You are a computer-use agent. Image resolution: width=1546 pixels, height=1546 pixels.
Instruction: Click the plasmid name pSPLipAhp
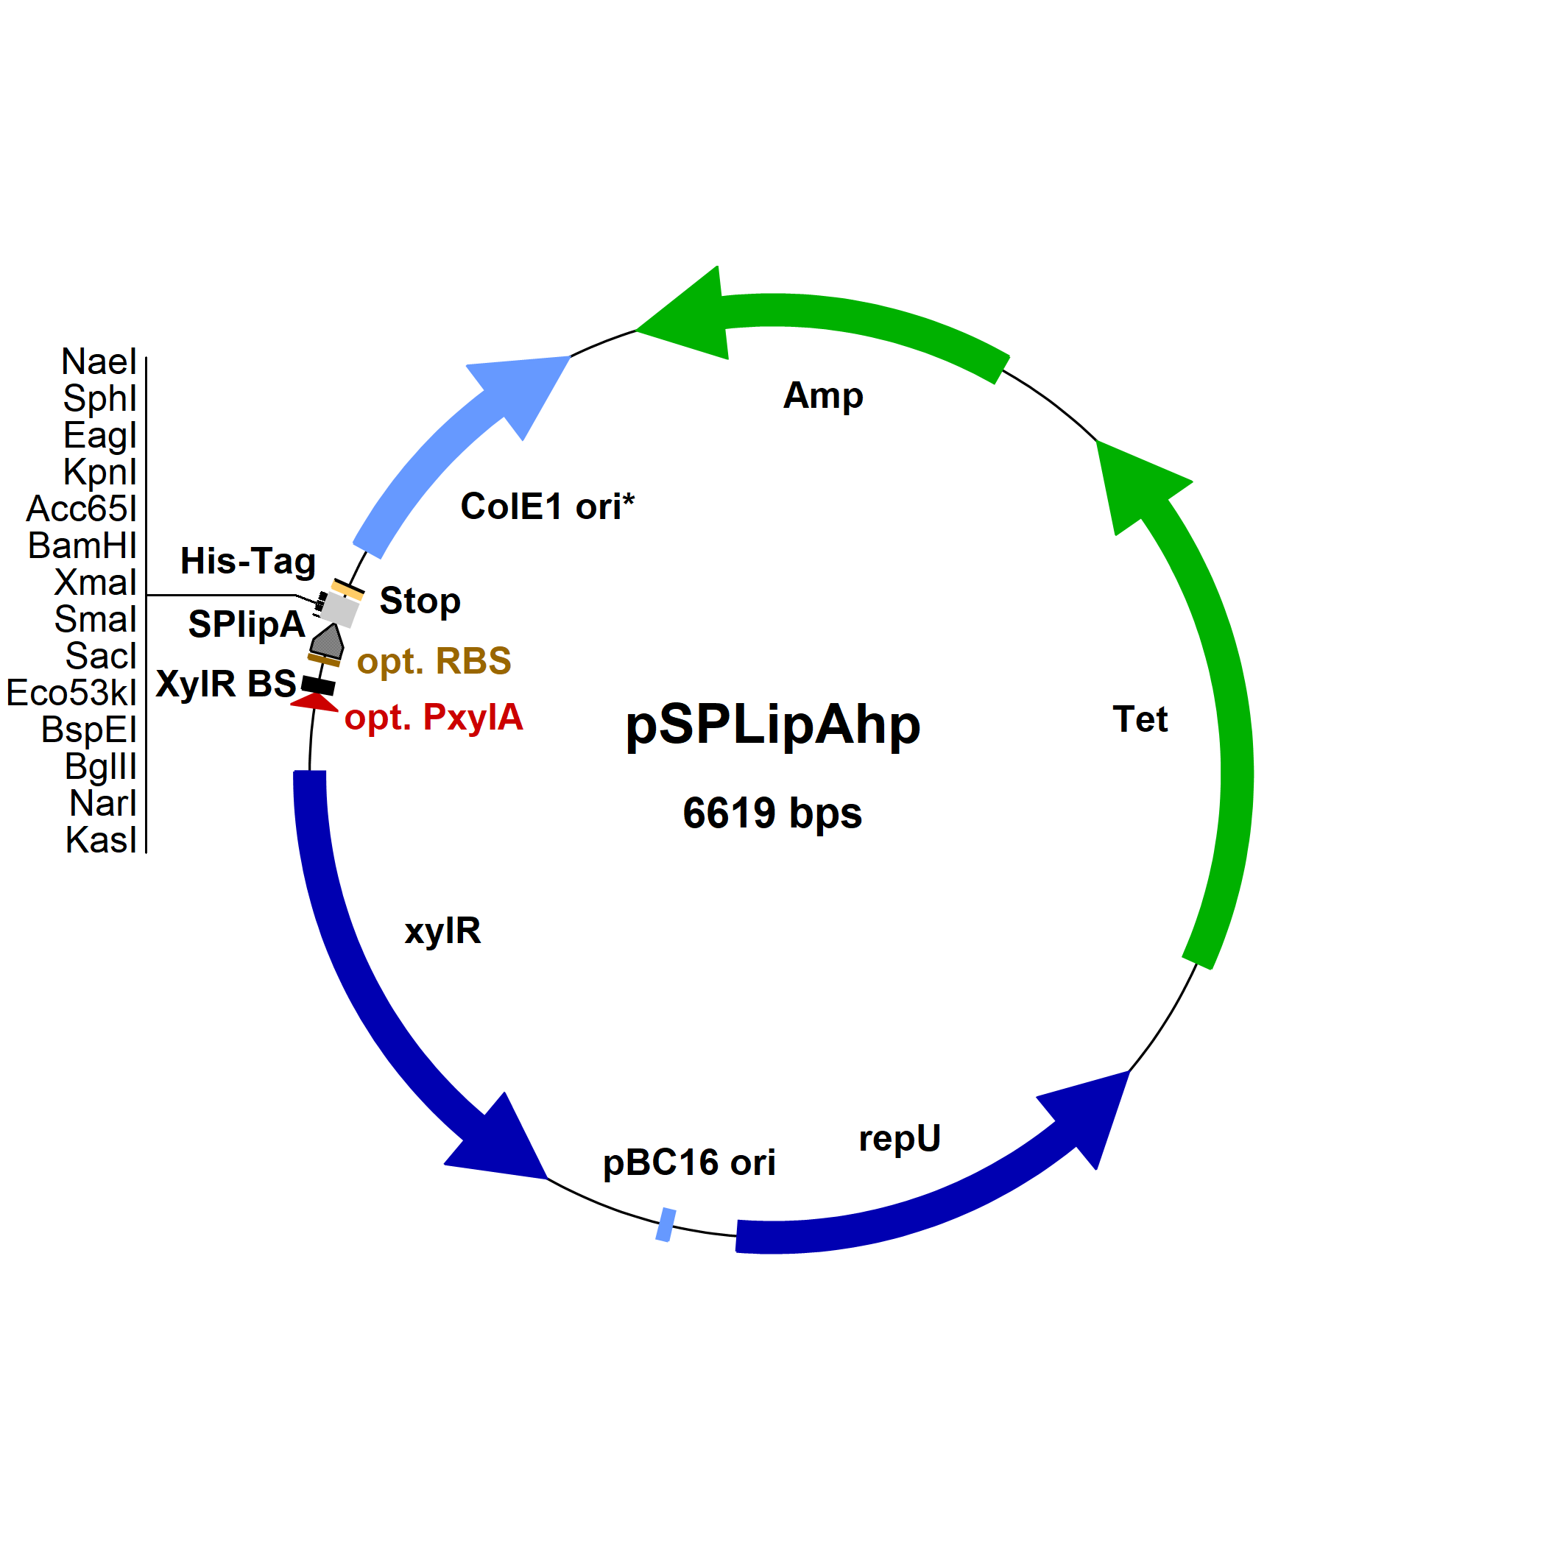pyautogui.click(x=772, y=725)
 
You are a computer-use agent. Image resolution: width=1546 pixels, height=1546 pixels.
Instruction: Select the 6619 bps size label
pyautogui.click(x=772, y=813)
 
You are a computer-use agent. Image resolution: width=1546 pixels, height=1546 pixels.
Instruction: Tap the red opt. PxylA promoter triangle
pyautogui.click(x=314, y=702)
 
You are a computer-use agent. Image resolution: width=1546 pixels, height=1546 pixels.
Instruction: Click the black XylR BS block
pyautogui.click(x=319, y=686)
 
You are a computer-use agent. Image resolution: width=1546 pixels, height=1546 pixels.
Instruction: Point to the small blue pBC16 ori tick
pyautogui.click(x=666, y=1225)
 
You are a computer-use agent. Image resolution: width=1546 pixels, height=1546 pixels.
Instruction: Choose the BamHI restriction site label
pyautogui.click(x=82, y=546)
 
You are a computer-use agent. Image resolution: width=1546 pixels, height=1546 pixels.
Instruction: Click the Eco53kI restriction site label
pyautogui.click(x=72, y=693)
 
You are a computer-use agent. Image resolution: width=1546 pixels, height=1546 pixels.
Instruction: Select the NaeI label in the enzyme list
pyautogui.click(x=99, y=361)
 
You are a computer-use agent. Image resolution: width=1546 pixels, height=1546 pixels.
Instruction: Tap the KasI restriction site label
pyautogui.click(x=102, y=840)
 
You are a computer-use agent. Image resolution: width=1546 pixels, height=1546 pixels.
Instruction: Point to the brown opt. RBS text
pyautogui.click(x=434, y=661)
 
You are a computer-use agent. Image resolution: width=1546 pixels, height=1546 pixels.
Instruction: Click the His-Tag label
pyautogui.click(x=248, y=561)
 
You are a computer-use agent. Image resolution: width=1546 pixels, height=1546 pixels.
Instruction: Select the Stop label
pyautogui.click(x=420, y=600)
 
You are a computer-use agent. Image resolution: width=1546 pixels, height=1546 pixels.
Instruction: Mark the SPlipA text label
pyautogui.click(x=247, y=624)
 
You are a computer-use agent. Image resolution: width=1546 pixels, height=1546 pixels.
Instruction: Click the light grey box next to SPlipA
pyautogui.click(x=339, y=610)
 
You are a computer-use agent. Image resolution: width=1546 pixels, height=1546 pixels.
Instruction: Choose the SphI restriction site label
pyautogui.click(x=100, y=398)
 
